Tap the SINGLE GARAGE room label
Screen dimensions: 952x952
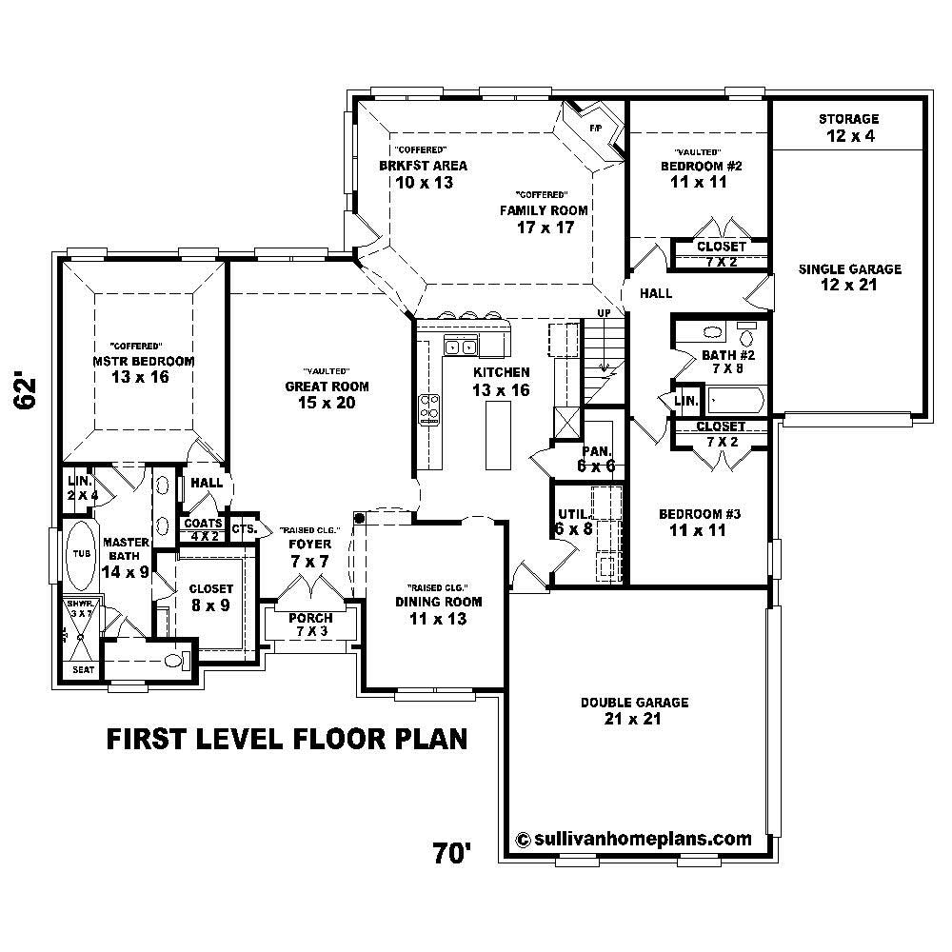pyautogui.click(x=849, y=277)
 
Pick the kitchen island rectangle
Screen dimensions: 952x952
pyautogui.click(x=497, y=434)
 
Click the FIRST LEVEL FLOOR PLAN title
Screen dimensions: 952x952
pyautogui.click(x=286, y=739)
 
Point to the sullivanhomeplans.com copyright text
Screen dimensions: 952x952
pyautogui.click(x=633, y=839)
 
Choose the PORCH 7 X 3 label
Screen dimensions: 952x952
pyautogui.click(x=311, y=625)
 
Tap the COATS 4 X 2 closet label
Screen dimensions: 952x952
pyautogui.click(x=204, y=529)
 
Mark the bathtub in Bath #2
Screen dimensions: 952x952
pyautogui.click(x=733, y=398)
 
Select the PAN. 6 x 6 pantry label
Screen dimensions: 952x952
pyautogui.click(x=596, y=459)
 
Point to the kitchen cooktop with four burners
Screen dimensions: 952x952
pyautogui.click(x=429, y=408)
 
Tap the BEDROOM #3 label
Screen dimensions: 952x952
pyautogui.click(x=700, y=522)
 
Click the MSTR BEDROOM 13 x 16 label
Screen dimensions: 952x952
pyautogui.click(x=143, y=369)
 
